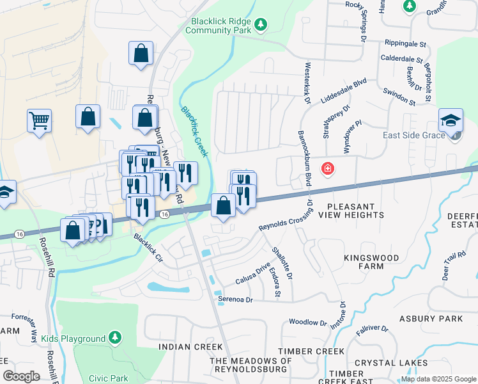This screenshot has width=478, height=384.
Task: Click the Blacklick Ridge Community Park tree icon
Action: point(260,25)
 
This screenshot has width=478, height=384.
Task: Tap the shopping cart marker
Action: point(39,120)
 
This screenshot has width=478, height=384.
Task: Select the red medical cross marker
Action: point(327,168)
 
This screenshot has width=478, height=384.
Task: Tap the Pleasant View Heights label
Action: point(355,211)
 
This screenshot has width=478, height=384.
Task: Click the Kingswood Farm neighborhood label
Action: point(371,262)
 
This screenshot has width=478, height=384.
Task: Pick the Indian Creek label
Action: point(185,346)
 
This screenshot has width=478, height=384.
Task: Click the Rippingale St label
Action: point(405,44)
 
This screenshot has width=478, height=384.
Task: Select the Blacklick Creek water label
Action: point(194,131)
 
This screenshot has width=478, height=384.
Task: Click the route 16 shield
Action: point(165,214)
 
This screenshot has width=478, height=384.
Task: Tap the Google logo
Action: point(22,376)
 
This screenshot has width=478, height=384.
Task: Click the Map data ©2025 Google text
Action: point(437,379)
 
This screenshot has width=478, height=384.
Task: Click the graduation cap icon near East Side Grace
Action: point(451,120)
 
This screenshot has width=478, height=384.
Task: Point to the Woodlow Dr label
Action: point(307,322)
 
